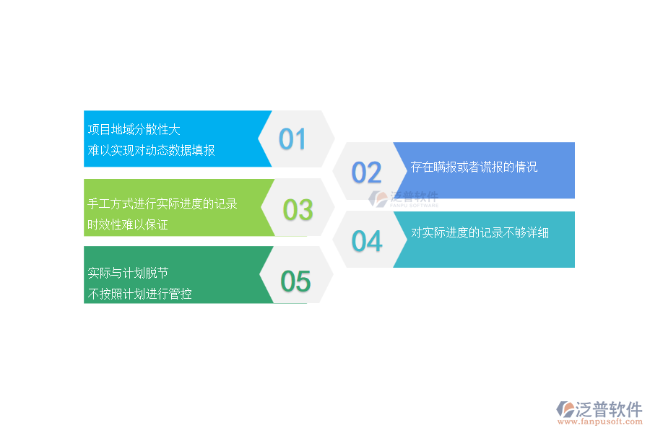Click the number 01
[292, 139]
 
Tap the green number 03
[298, 210]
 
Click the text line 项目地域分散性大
[134, 130]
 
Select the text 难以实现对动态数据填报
[151, 150]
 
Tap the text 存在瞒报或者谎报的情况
[474, 167]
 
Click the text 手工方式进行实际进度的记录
[162, 204]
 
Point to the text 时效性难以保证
[128, 224]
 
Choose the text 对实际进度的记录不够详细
[480, 233]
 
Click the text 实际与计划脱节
[128, 274]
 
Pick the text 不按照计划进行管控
[139, 294]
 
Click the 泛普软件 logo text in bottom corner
[610, 409]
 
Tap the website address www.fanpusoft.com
[599, 424]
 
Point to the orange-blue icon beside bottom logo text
[565, 410]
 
